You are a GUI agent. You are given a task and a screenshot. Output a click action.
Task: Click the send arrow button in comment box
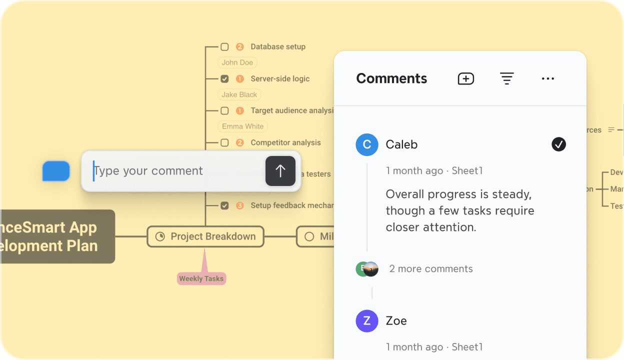tap(280, 171)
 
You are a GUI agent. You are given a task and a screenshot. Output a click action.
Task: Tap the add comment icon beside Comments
tap(465, 78)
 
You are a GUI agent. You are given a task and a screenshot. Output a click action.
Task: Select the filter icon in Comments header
tap(507, 78)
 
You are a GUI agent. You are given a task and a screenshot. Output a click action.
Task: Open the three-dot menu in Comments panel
tap(548, 78)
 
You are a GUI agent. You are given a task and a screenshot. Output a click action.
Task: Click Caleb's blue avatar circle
tap(366, 144)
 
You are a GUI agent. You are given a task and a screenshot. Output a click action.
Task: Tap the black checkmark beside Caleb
tap(558, 144)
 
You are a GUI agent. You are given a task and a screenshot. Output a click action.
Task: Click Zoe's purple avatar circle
tap(366, 320)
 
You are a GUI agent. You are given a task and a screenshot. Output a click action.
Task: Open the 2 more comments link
tap(430, 269)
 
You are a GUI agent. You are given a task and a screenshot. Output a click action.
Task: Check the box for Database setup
tap(224, 47)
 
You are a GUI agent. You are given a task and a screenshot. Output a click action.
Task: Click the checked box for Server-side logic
tap(224, 79)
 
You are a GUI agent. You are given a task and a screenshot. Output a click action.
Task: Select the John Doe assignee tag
tap(237, 62)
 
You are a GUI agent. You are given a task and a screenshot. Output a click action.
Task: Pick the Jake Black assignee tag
tap(239, 94)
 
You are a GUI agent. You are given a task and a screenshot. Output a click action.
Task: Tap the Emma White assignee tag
tap(243, 126)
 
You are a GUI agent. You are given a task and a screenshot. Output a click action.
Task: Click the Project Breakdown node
tap(205, 236)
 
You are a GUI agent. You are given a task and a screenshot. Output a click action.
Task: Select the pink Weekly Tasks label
tap(201, 279)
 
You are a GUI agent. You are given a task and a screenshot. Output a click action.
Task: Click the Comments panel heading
tap(391, 78)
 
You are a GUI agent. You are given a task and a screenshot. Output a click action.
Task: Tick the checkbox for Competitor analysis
tap(224, 143)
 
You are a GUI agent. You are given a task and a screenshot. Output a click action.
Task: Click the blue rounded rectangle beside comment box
tap(56, 171)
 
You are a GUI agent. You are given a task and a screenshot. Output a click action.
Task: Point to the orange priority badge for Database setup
tap(239, 47)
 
